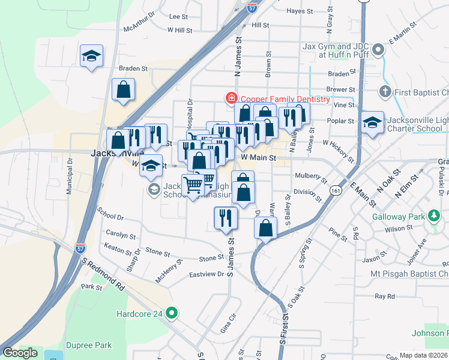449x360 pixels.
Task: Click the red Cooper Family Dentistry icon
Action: tap(229, 98)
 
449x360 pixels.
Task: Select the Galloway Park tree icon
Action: tap(433, 215)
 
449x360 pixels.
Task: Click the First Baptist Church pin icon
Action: tap(385, 92)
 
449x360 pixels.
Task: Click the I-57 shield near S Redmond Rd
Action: tap(83, 247)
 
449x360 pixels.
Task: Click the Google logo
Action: tap(20, 353)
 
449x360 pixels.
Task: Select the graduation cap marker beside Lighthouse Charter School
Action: tap(372, 123)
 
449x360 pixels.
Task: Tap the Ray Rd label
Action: tap(384, 296)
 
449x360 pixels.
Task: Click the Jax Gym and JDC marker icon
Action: tap(378, 49)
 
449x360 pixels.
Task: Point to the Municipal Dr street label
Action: tap(70, 175)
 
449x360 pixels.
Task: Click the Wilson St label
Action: tap(395, 229)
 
